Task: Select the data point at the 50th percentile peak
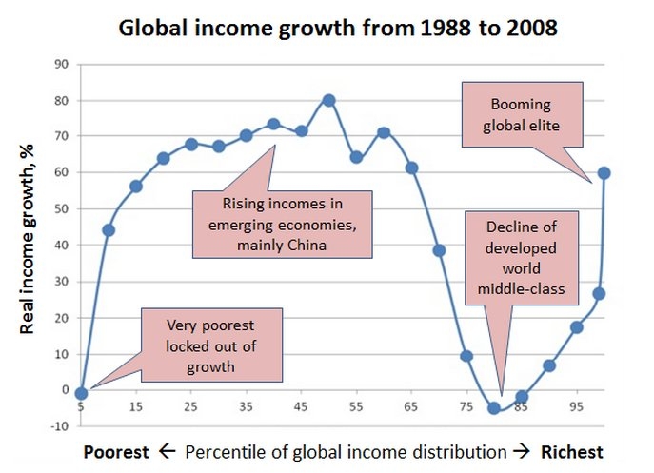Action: coord(328,100)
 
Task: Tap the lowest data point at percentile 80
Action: coord(493,408)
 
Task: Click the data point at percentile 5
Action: coord(81,393)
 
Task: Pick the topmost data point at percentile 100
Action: coord(604,172)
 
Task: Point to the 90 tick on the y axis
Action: coord(63,64)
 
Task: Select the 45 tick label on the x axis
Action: coord(301,406)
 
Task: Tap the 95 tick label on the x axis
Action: coord(576,406)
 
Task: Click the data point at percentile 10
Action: coord(109,229)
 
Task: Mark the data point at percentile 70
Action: coord(439,250)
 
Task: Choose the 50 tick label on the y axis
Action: coord(63,208)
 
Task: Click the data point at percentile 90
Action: coord(548,365)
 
